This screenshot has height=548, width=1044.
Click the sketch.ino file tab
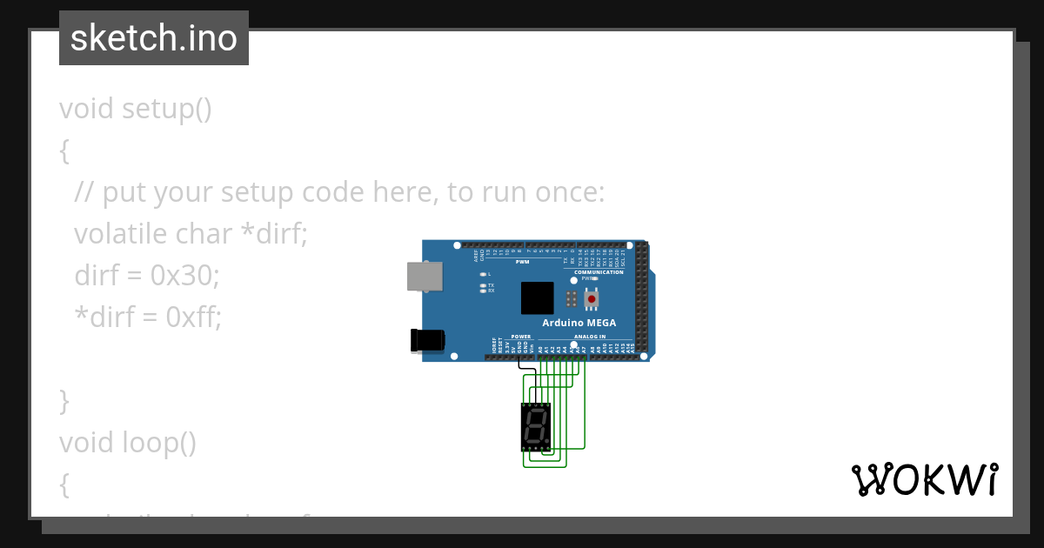point(154,38)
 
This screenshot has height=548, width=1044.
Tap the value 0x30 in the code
point(185,276)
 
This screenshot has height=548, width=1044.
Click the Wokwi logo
point(925,479)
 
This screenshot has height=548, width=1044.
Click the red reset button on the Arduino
point(592,299)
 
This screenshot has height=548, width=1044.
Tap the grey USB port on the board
point(424,277)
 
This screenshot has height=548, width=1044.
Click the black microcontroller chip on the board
point(537,297)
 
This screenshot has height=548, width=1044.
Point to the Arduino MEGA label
point(579,323)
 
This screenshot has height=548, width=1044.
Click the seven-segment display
point(536,426)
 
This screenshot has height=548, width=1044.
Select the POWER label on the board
point(520,337)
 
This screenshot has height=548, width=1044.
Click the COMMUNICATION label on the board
point(599,272)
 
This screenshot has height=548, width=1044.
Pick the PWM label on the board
point(522,261)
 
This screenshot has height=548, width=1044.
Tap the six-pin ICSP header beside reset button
point(571,299)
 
